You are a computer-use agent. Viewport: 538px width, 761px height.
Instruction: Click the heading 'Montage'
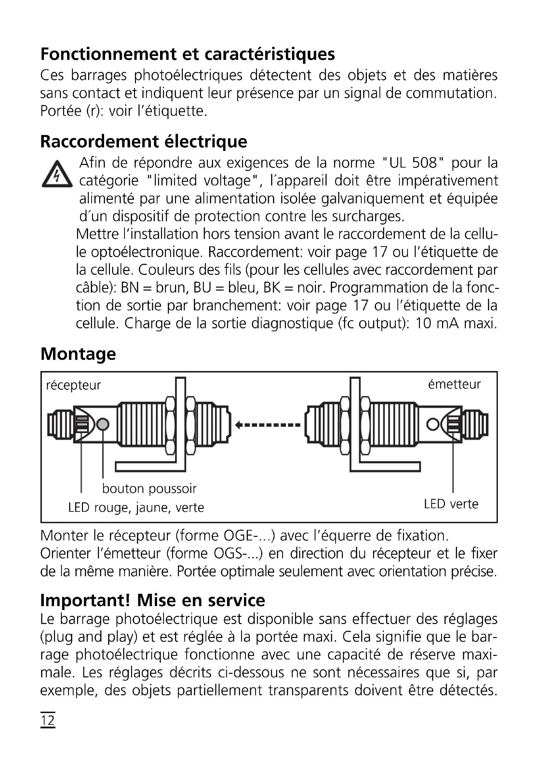click(x=78, y=354)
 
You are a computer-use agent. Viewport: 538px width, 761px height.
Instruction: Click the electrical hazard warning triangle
click(x=57, y=174)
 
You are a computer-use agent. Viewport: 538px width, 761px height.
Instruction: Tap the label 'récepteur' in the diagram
click(x=73, y=385)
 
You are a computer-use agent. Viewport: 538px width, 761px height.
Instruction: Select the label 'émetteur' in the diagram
click(x=454, y=384)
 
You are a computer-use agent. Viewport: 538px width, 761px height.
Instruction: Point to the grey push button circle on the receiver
click(x=103, y=424)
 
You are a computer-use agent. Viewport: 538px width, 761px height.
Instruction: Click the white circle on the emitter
click(x=433, y=424)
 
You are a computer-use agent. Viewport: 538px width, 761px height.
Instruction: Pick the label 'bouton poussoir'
click(x=149, y=489)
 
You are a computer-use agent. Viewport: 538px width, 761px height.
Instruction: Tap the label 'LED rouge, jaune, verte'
click(x=136, y=508)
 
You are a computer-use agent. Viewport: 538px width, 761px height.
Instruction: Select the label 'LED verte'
click(x=451, y=504)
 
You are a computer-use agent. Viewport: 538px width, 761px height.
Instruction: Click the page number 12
click(x=48, y=721)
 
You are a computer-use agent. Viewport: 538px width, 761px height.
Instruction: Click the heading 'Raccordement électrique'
click(x=143, y=142)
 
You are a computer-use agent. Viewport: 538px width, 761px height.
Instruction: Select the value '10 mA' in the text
click(x=437, y=323)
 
